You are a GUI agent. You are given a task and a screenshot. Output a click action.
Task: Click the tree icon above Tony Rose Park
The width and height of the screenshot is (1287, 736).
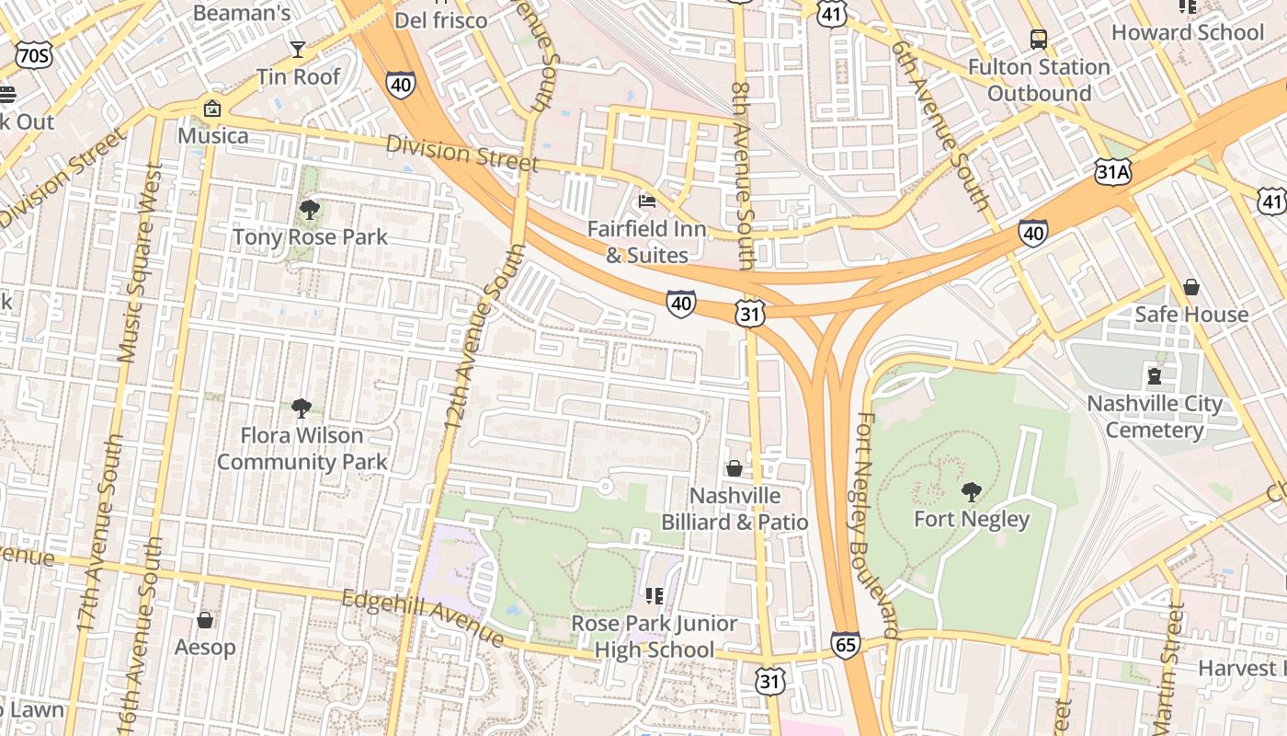click(310, 210)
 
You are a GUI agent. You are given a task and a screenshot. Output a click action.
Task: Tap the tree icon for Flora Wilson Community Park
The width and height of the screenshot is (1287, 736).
click(302, 408)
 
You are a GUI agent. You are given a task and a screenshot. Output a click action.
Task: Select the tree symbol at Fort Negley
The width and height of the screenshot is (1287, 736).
click(971, 492)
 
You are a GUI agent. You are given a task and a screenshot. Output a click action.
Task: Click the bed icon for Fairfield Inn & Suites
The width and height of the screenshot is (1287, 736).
click(647, 201)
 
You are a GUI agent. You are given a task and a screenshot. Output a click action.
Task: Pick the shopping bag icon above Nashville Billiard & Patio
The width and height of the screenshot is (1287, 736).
click(735, 468)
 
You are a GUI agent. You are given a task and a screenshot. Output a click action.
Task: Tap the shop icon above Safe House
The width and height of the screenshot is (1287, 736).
click(1191, 287)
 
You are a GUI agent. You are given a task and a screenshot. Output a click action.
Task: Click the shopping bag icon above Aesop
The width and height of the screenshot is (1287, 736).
click(205, 620)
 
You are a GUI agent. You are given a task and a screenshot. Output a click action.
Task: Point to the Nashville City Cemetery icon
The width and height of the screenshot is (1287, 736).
click(1155, 375)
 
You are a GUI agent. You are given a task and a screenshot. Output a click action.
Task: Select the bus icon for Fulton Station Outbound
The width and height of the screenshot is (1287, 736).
click(1039, 40)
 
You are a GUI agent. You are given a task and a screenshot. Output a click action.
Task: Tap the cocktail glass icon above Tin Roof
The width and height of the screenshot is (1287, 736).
click(298, 49)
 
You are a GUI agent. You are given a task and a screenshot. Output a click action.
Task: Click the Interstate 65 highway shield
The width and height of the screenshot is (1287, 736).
click(845, 645)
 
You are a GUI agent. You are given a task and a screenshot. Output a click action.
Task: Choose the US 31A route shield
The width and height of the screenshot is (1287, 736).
click(1111, 171)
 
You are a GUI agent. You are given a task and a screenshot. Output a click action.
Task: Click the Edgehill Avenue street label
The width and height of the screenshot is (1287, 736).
click(423, 617)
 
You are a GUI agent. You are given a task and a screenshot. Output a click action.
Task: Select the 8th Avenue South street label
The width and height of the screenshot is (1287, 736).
click(742, 175)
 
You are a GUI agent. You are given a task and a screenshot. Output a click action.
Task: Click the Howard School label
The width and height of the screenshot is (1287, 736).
click(1188, 32)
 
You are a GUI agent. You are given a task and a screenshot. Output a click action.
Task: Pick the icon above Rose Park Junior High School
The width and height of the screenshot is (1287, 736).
click(655, 596)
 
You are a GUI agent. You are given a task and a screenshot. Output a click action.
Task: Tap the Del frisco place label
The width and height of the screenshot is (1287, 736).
click(441, 19)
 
